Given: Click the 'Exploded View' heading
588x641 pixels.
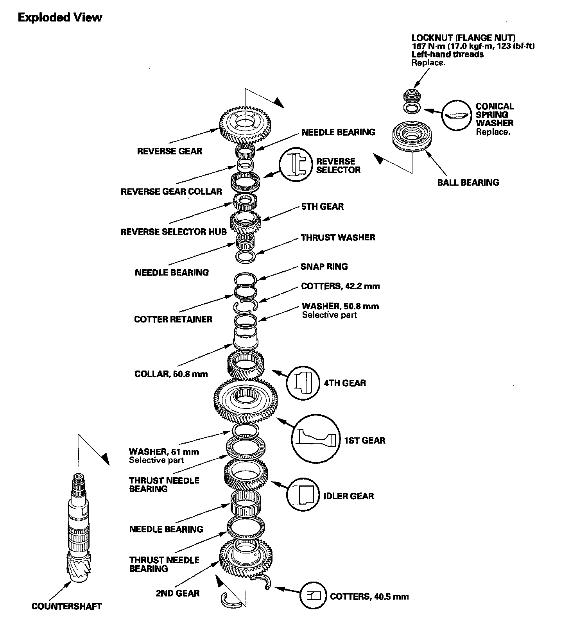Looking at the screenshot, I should click(60, 18).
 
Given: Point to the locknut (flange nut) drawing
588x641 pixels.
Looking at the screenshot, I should click(410, 95).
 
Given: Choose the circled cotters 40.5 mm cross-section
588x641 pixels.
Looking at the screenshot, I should click(314, 596).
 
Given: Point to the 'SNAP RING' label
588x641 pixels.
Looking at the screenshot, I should click(324, 267).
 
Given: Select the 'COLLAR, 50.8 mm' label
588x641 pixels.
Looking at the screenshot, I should click(171, 374).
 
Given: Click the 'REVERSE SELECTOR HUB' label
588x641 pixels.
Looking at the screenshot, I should click(174, 231).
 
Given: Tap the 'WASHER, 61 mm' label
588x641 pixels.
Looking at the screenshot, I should click(164, 452).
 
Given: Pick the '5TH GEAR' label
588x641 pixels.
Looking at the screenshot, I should click(322, 207).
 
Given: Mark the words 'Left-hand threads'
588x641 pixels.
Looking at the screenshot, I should click(447, 54).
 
